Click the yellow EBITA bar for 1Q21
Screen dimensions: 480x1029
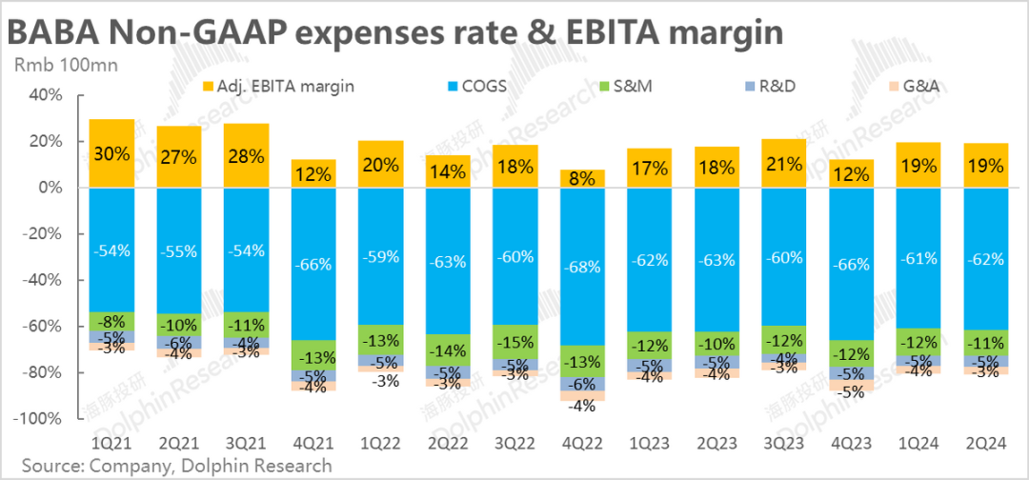[x=111, y=153]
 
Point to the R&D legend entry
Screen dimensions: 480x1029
[x=770, y=86]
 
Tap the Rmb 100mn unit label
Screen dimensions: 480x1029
[x=54, y=66]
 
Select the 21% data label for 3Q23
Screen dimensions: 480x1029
[x=785, y=164]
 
